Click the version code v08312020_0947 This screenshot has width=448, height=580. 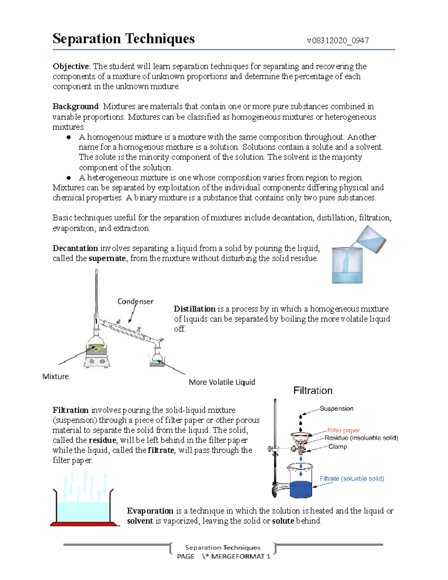coord(337,40)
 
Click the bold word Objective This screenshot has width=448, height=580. coord(71,66)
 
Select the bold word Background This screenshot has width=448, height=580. coord(75,106)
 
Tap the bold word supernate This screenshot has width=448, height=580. coord(107,258)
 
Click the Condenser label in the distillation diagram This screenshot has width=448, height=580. coord(135,301)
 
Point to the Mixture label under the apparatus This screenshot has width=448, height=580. coord(56,376)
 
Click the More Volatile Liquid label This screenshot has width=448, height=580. coord(222,382)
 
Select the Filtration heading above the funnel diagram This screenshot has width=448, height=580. coord(312,391)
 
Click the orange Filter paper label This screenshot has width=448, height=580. coord(343,430)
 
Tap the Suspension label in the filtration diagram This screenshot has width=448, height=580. coord(336,409)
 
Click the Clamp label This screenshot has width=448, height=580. coord(337,447)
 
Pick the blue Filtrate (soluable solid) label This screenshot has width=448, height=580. coord(351,478)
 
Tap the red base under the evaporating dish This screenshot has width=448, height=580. coord(85,524)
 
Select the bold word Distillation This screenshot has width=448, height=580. coord(195,309)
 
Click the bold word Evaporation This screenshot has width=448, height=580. coord(150,511)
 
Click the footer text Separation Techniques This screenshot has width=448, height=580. coord(223,548)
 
